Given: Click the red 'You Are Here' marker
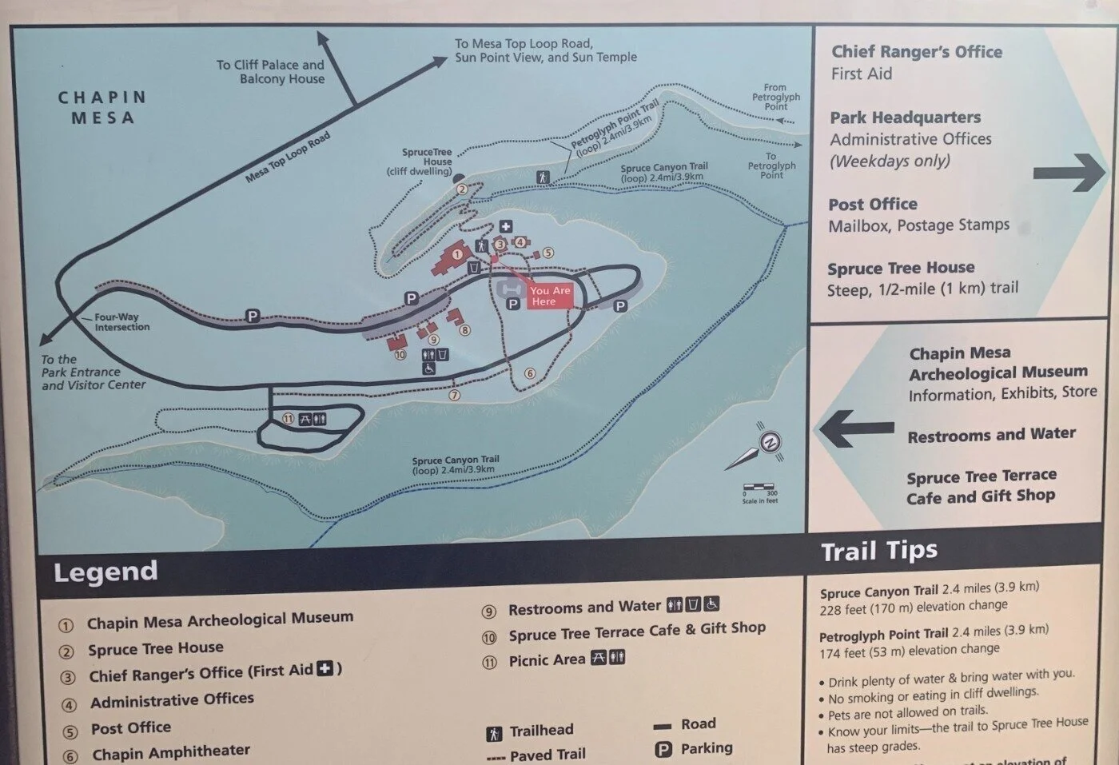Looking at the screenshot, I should click(549, 296).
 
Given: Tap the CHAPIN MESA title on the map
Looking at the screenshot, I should click(102, 107).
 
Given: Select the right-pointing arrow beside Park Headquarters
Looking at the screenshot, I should click(1069, 172).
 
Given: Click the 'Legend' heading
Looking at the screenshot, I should click(106, 572).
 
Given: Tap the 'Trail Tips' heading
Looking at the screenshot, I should click(879, 551).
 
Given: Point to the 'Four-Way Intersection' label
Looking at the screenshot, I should click(121, 321).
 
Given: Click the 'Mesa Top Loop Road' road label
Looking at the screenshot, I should click(288, 157).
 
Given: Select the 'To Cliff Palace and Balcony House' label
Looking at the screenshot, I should click(271, 72).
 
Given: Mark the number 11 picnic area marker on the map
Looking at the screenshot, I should click(289, 419).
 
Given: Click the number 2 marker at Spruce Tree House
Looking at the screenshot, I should click(462, 189).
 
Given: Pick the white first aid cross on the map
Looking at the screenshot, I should click(505, 227).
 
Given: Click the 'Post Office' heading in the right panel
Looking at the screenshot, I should click(873, 204).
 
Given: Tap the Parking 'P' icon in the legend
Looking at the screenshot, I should click(663, 750).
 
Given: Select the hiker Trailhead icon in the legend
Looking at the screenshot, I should click(494, 733).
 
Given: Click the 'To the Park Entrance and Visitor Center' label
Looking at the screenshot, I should click(94, 373).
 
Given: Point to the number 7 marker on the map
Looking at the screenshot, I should click(455, 395).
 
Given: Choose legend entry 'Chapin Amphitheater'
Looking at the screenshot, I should click(170, 753).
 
